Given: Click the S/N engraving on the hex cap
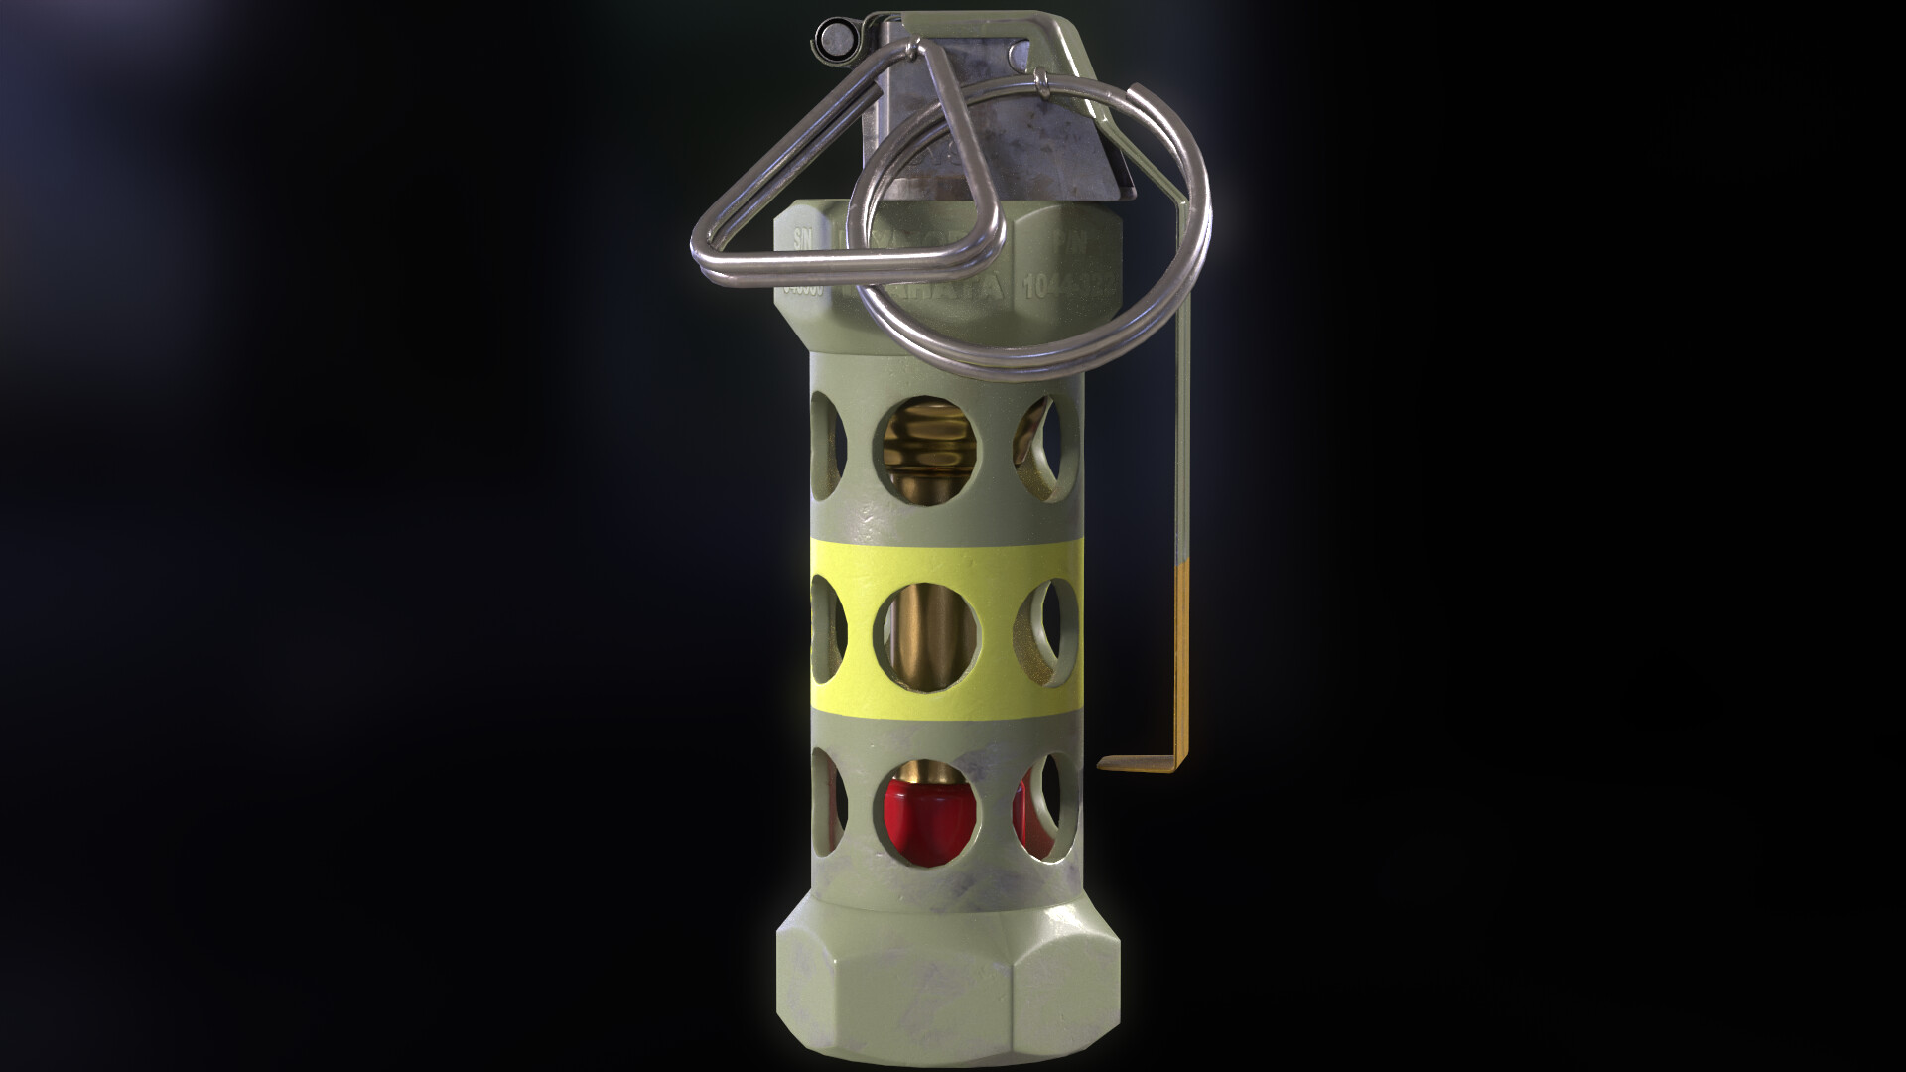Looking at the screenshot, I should tap(800, 241).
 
